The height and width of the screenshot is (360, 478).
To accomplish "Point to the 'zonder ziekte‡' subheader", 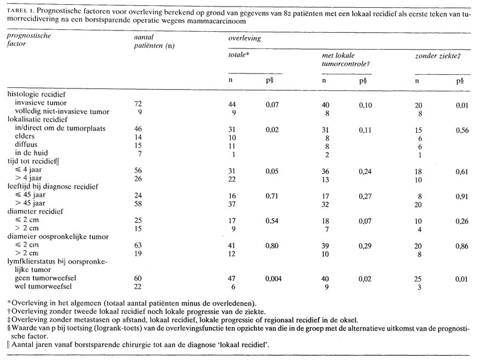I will point(436,54).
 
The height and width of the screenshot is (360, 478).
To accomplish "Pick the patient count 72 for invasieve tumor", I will point(138,103).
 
